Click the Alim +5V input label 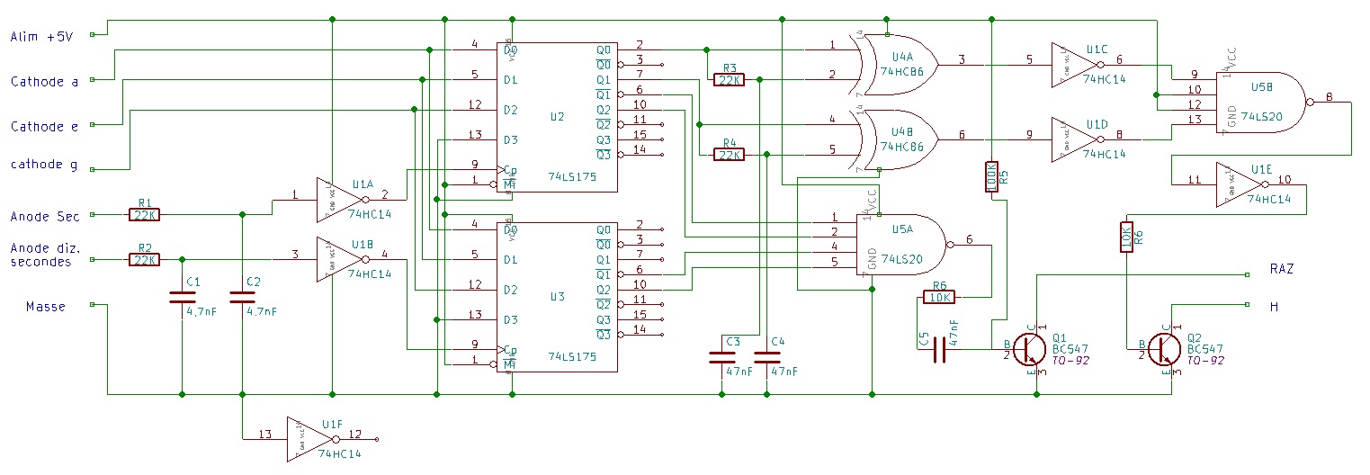pos(40,36)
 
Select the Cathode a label pos(44,82)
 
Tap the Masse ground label pos(45,307)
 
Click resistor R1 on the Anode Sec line pos(145,215)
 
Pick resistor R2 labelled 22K pos(145,260)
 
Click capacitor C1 pos(182,298)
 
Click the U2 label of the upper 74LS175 pos(557,117)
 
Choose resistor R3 pos(728,79)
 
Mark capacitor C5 pos(940,348)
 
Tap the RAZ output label pos(1281,269)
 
